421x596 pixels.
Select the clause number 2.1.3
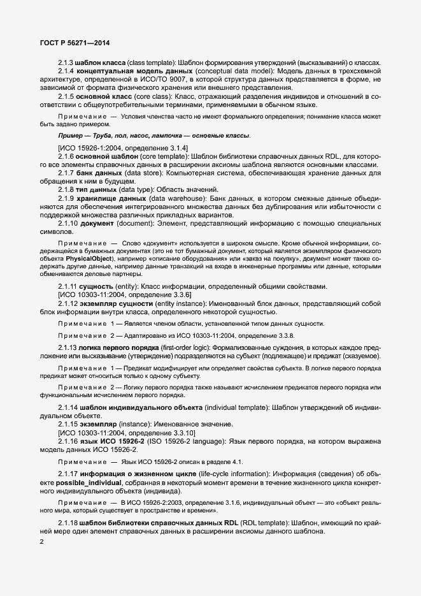66,62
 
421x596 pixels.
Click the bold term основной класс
99,96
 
